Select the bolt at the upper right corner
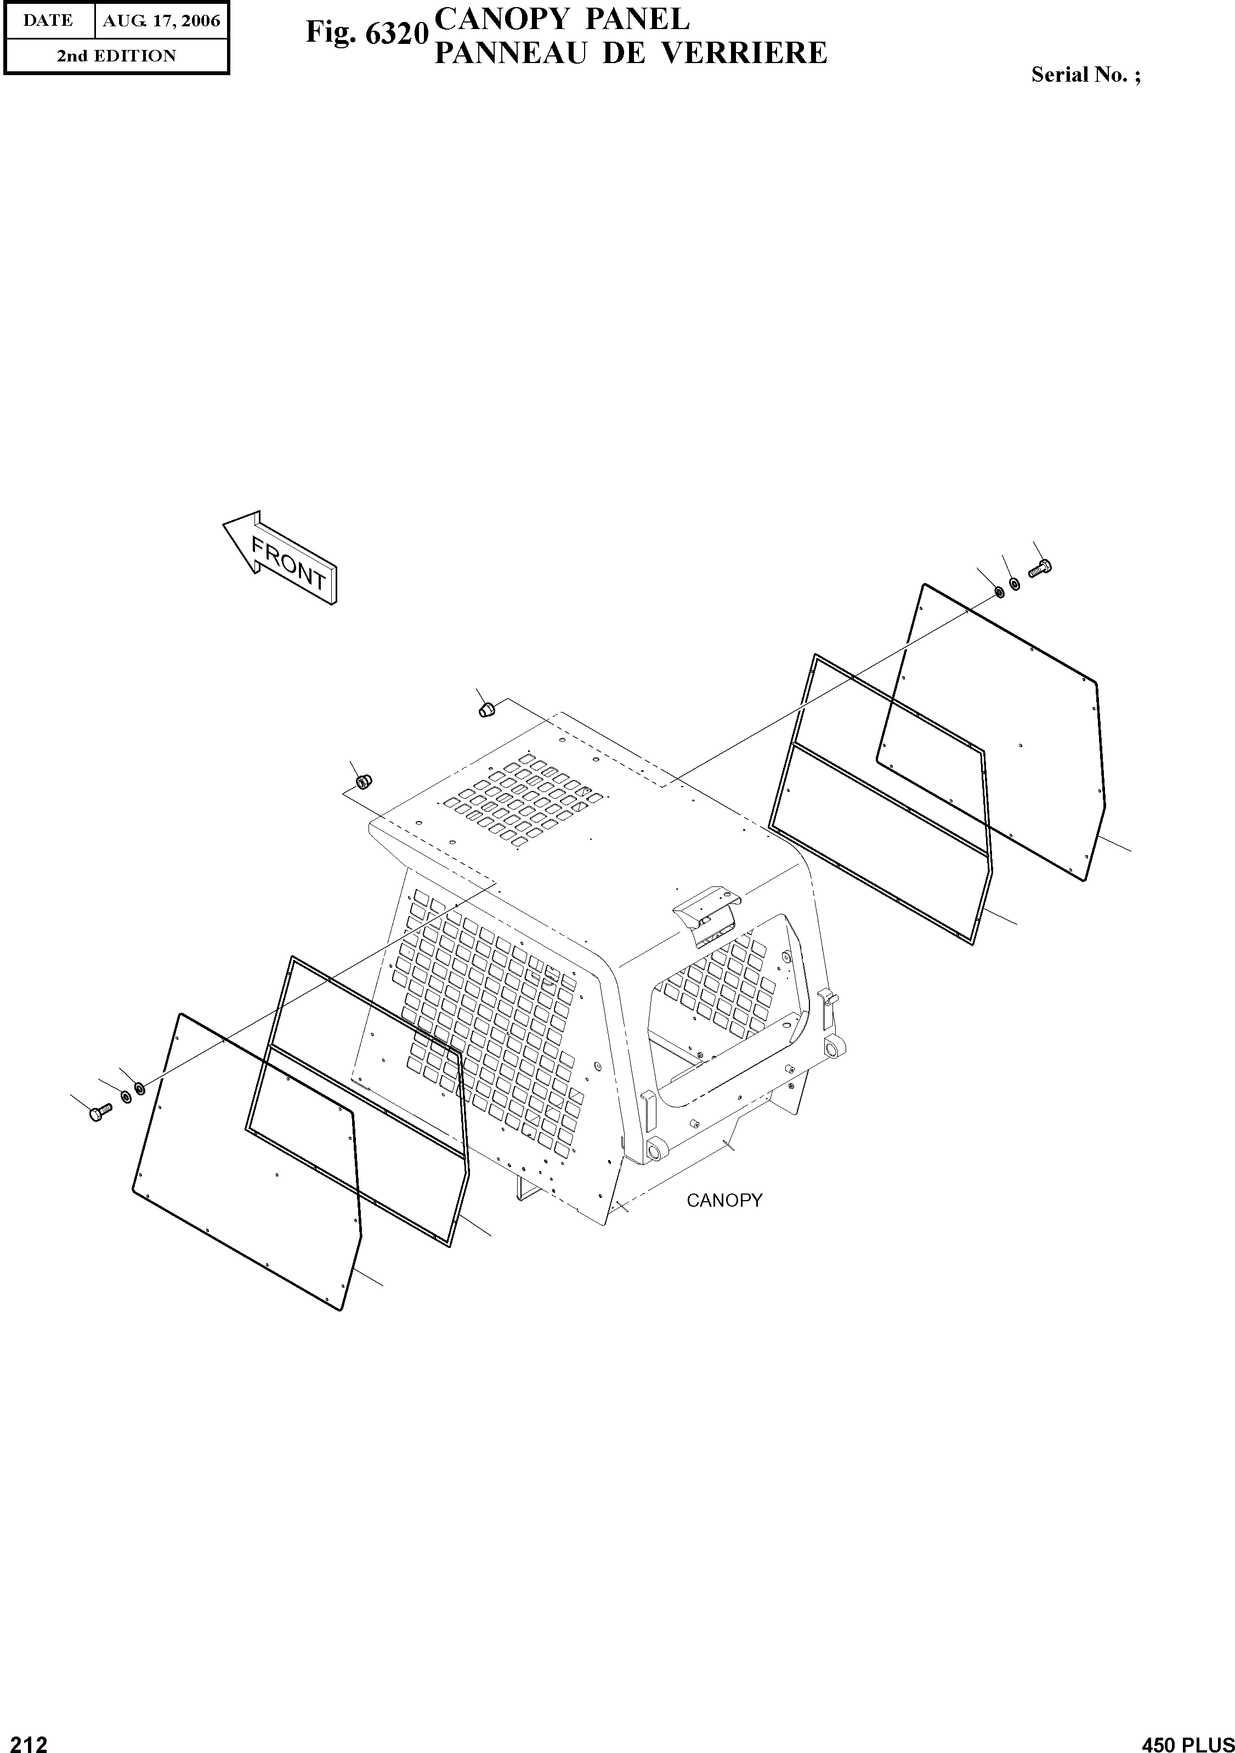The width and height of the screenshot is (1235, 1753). point(1040,568)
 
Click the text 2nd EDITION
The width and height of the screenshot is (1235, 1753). point(116,56)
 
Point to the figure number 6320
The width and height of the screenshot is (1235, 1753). point(394,33)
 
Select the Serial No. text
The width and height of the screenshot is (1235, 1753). point(1085,75)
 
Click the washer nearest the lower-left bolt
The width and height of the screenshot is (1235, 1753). point(126,1096)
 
